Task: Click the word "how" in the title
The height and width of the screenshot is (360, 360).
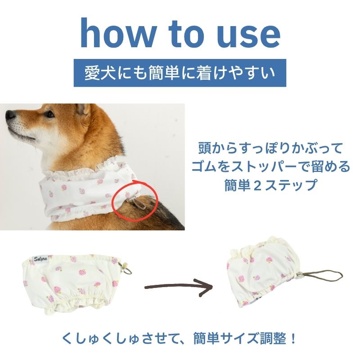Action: (117, 33)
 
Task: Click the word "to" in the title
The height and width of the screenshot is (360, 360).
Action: (186, 35)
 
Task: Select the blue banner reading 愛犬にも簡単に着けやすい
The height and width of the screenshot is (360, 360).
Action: (180, 73)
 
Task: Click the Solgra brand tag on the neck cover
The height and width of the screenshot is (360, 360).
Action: (40, 259)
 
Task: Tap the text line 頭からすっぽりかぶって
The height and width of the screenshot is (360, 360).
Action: (270, 148)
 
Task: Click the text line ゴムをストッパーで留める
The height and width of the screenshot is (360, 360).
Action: (270, 166)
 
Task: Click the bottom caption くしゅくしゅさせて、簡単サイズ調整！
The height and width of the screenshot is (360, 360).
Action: (180, 339)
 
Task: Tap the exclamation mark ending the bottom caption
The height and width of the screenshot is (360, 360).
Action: (293, 339)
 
